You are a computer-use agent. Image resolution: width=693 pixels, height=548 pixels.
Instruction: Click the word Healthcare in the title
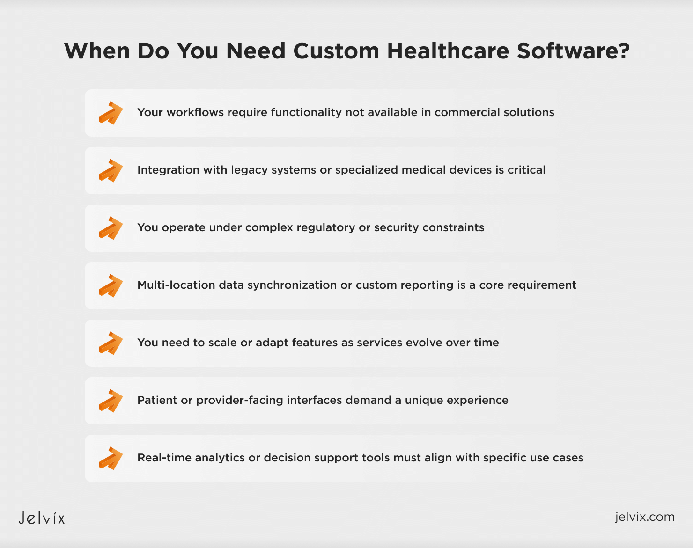448,51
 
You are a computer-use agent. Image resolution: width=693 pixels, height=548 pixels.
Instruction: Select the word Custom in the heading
336,51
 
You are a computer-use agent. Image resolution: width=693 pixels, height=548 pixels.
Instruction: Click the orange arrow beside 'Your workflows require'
111,113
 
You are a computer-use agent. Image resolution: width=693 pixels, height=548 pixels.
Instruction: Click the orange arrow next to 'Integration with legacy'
111,171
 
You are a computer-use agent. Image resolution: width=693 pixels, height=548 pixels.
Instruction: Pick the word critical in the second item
526,170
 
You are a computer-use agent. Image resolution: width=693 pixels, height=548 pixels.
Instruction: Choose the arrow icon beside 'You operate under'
111,228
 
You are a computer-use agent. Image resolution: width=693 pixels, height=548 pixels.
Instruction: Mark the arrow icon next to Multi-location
111,285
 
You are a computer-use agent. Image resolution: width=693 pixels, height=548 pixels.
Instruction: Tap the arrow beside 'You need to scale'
111,343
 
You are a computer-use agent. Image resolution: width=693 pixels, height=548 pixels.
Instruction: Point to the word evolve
424,343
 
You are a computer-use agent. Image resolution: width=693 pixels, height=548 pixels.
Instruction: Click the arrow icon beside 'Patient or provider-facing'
111,401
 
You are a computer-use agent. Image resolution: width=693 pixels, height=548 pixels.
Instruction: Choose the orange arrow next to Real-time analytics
111,459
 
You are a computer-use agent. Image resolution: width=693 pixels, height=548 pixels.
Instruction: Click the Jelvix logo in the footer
42,518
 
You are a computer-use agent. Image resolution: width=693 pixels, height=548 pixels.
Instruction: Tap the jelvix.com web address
645,517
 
